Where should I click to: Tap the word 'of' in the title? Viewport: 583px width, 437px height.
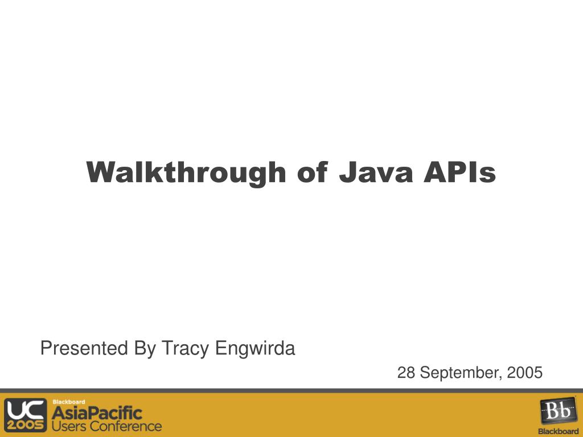pos(312,172)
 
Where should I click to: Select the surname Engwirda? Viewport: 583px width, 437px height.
pos(254,348)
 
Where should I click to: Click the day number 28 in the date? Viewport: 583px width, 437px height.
pos(406,373)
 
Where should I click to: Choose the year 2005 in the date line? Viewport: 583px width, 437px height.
pos(525,373)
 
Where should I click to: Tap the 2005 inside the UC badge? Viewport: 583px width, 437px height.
pos(26,425)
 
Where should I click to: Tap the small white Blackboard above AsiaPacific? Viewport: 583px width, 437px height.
pos(69,402)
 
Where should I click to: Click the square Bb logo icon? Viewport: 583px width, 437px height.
pos(557,411)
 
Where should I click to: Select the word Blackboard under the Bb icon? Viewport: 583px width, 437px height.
pos(558,431)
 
